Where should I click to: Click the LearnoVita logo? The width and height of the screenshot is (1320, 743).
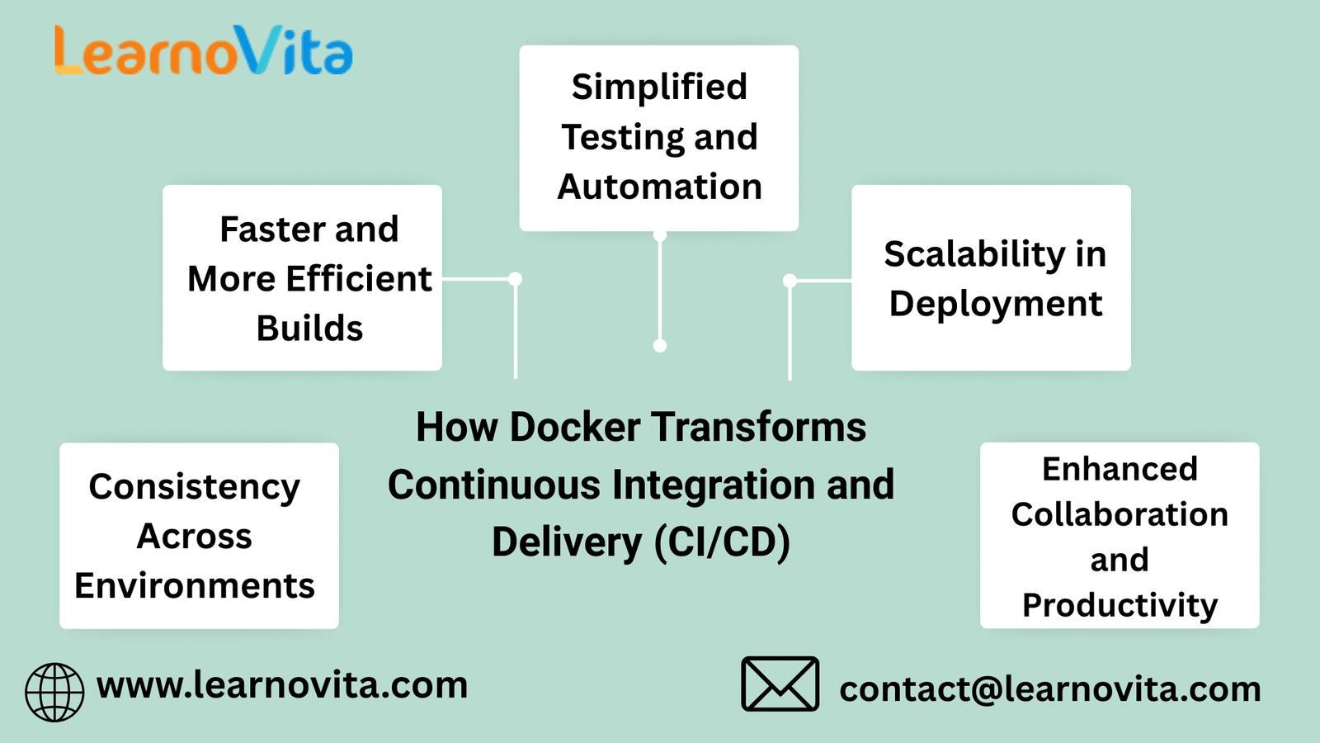pos(203,51)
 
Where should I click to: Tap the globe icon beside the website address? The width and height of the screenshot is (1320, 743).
pos(54,692)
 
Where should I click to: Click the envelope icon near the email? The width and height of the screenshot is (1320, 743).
pos(780,684)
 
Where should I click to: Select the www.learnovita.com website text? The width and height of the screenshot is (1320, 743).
pos(282,685)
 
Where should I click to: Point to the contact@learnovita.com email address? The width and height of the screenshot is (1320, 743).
pos(1049,689)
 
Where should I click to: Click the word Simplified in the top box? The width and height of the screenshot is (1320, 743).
pos(659,87)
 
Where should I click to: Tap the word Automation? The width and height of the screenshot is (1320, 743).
pos(659,187)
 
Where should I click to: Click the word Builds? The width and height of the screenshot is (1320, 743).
pos(309,329)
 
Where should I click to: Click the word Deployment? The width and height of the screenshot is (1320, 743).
pos(995,304)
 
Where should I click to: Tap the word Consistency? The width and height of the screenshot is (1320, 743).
pos(194,487)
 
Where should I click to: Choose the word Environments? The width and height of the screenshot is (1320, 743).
pos(195,586)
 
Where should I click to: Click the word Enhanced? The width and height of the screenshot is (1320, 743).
pos(1120,469)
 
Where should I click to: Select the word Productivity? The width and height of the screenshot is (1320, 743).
pos(1120,605)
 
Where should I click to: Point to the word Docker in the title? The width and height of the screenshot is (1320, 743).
pos(574,428)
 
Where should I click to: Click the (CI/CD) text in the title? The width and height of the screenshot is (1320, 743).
pos(723,543)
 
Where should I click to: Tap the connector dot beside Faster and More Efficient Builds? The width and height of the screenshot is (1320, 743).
pos(516,279)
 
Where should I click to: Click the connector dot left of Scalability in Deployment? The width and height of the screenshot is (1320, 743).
pos(790,281)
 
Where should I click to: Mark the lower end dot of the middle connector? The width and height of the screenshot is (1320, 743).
pos(660,346)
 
